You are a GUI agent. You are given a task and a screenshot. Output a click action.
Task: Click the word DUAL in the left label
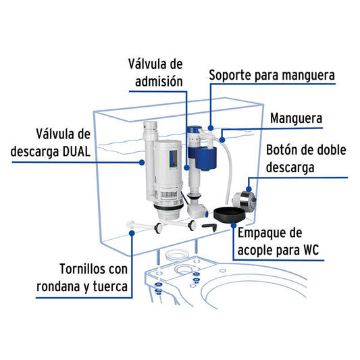tap(76, 152)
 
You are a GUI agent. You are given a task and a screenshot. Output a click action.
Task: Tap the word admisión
tap(159, 82)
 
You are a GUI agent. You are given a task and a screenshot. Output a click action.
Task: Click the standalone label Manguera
tap(297, 119)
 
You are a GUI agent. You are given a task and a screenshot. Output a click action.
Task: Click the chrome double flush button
tap(244, 200)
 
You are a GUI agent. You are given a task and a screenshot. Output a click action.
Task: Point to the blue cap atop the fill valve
tap(195, 130)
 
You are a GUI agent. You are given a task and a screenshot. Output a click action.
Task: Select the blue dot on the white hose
tap(222, 140)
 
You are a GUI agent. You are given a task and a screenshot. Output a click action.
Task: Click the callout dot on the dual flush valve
tap(142, 163)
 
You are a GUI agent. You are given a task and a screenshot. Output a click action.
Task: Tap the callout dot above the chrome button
tap(249, 189)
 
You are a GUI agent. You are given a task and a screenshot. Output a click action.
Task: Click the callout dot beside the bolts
tap(132, 233)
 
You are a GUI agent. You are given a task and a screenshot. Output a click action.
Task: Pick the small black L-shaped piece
tap(209, 227)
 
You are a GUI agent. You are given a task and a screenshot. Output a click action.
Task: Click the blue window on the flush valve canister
tap(174, 159)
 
